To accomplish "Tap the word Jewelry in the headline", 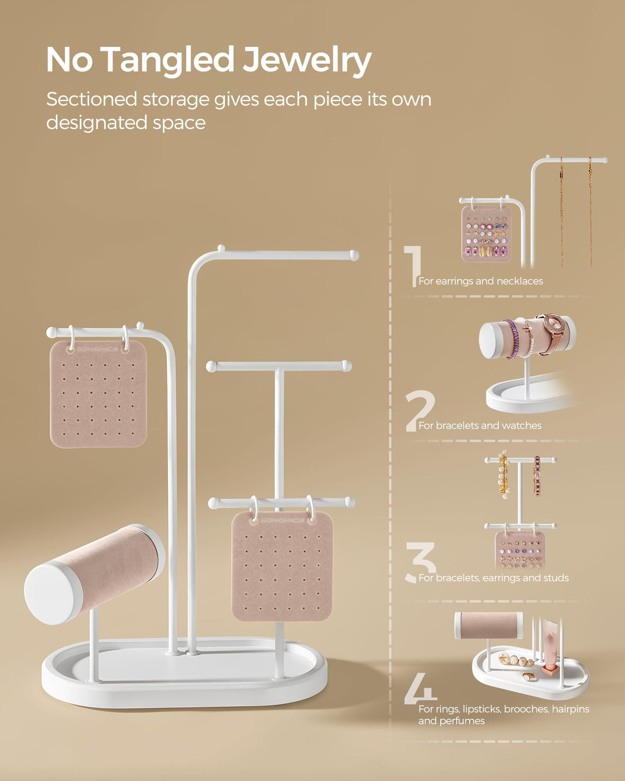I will [x=307, y=61].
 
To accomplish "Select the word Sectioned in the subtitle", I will [x=92, y=99].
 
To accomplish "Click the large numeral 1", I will [x=413, y=265].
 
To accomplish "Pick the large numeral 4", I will [x=419, y=689].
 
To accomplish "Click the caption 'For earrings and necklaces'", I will [x=480, y=281].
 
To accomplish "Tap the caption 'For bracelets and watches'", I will [x=480, y=425].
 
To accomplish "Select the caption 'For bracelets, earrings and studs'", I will [x=493, y=578].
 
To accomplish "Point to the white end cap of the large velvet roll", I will [x=53, y=594].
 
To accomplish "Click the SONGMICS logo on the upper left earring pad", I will [x=97, y=349].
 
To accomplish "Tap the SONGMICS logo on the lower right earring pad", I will [x=282, y=521].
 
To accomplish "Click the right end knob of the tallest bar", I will [x=354, y=255].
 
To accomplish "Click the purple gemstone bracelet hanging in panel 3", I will [x=537, y=476].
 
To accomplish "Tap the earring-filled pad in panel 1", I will [x=485, y=234].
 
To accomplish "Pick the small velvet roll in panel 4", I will [x=489, y=625].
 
